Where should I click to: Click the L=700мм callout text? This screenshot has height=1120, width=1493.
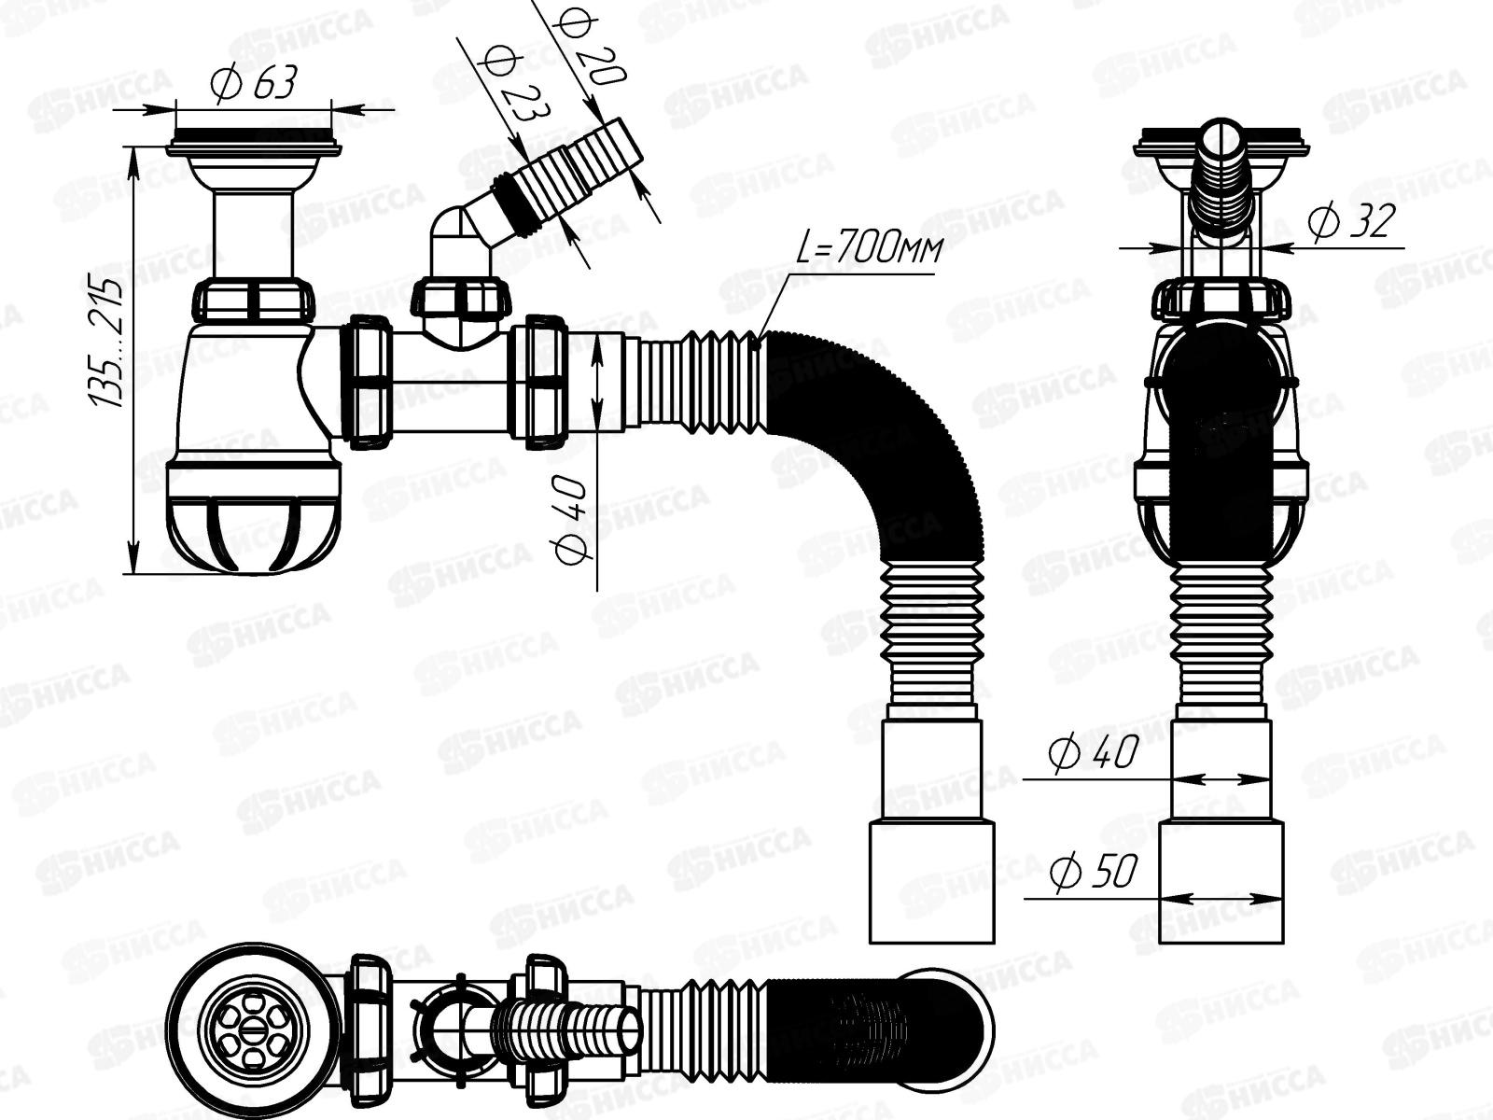coord(870,248)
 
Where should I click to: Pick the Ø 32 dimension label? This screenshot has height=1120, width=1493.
coord(1350,221)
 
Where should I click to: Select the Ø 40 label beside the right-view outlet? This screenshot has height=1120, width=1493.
coord(1093,754)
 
